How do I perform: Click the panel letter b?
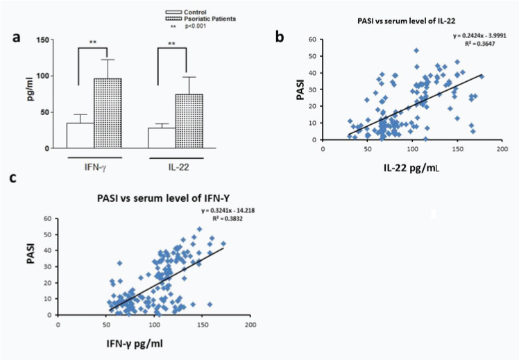pyautogui.click(x=279, y=38)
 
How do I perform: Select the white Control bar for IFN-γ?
pyautogui.click(x=80, y=135)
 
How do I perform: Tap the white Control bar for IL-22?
pyautogui.click(x=162, y=137)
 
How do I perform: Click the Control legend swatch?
pyautogui.click(x=173, y=12)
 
